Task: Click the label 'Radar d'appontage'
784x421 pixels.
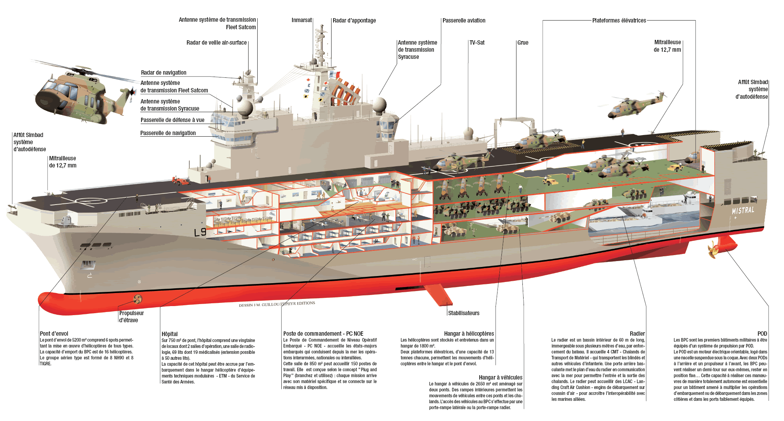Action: click(354, 21)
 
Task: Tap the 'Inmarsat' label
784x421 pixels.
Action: click(302, 20)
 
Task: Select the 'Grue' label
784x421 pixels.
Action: click(523, 43)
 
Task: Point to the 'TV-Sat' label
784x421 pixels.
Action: click(477, 43)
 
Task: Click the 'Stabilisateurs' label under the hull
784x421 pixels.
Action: click(464, 313)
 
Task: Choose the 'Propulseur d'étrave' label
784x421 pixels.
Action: click(131, 317)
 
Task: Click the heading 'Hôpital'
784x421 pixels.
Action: click(170, 334)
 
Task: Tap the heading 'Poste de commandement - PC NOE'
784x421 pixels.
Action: click(323, 334)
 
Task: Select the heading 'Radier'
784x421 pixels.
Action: click(637, 334)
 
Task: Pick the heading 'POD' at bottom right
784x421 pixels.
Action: click(762, 334)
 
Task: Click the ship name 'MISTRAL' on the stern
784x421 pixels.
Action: click(743, 210)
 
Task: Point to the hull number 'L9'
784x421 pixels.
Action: click(200, 232)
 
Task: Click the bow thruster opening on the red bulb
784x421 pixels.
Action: click(138, 299)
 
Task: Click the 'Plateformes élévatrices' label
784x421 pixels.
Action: click(619, 21)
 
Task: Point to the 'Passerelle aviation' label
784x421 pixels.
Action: click(464, 21)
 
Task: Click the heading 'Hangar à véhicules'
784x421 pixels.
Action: click(500, 378)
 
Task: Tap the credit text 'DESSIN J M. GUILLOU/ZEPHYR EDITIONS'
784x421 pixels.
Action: click(277, 304)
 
